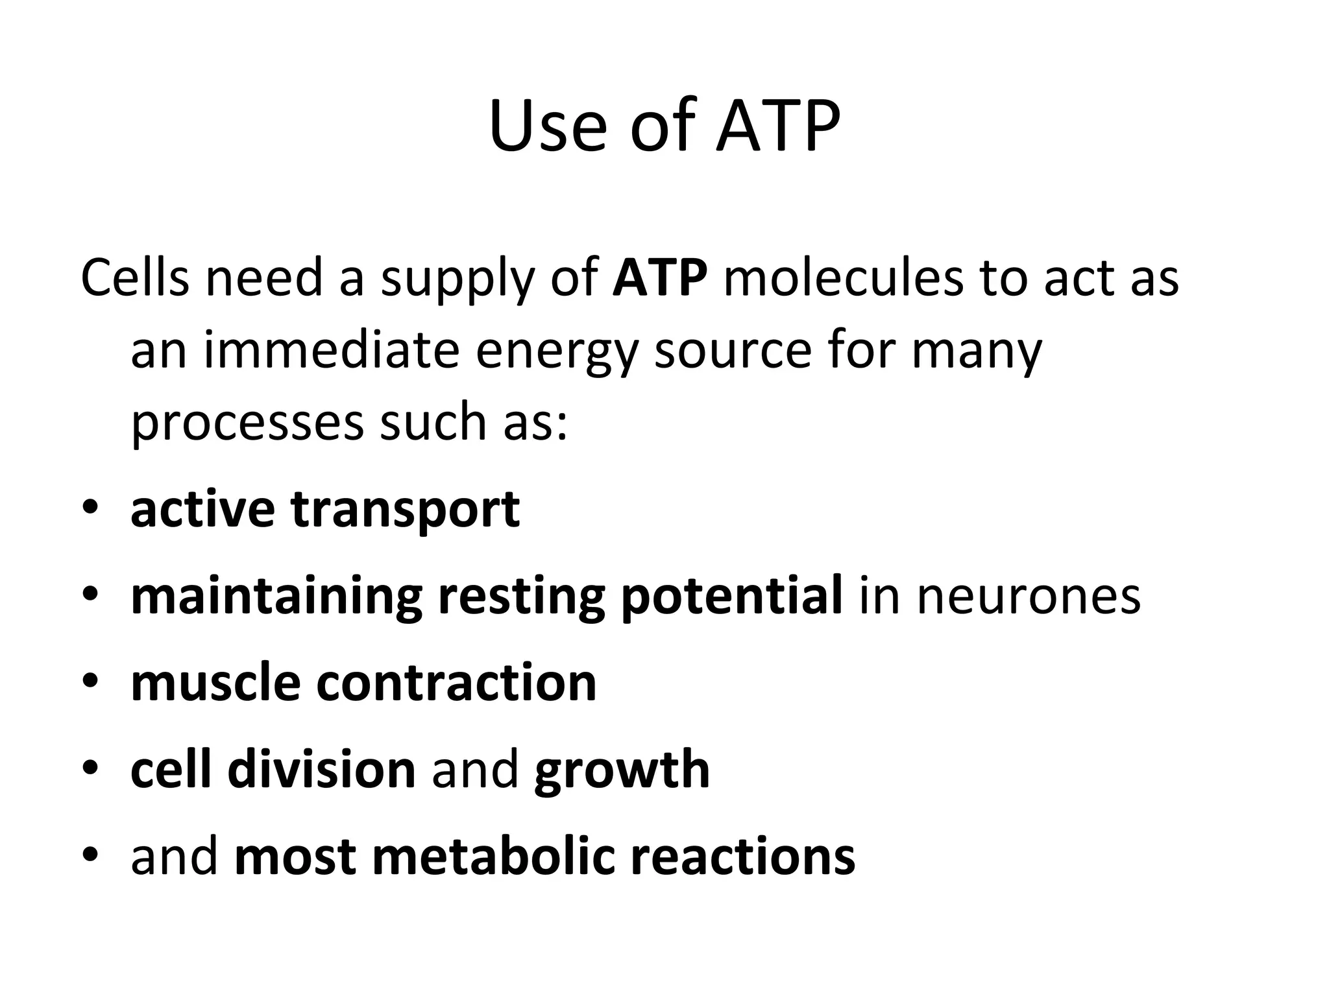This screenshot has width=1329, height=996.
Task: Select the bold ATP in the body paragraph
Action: (659, 278)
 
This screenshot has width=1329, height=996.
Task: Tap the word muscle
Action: (215, 682)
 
